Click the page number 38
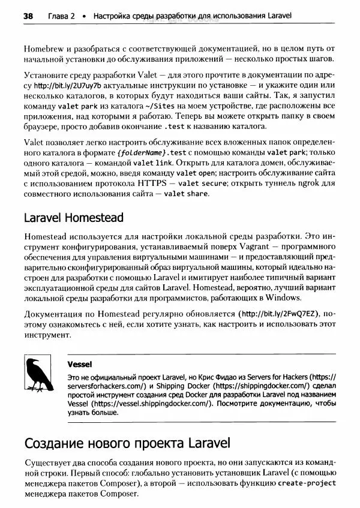28,16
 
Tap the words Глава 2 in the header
61,16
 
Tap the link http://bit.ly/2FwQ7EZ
280,314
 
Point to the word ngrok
302,184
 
